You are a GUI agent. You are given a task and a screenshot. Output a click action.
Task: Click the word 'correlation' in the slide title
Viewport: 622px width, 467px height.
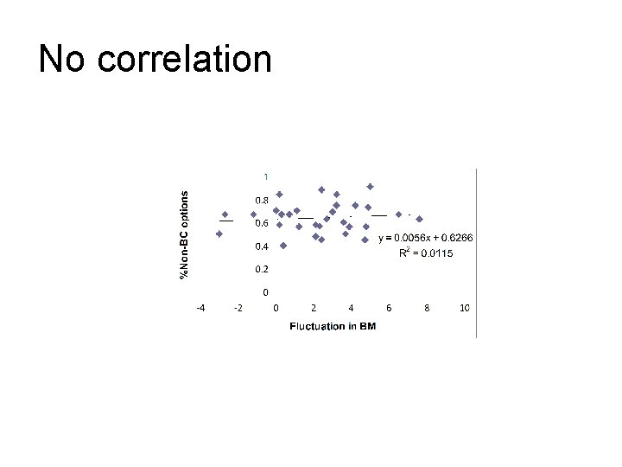click(x=185, y=60)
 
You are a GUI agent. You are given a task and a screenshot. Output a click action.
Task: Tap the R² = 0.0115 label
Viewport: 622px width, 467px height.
click(x=425, y=253)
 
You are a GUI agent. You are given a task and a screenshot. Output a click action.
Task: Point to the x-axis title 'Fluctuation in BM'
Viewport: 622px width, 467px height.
click(x=333, y=326)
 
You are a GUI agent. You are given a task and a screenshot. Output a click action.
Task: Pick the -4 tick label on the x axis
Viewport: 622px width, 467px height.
click(x=200, y=308)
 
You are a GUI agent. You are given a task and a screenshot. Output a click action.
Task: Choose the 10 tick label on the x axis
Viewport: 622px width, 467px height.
click(x=465, y=308)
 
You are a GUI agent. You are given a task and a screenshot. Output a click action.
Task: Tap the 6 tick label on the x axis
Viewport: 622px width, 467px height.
click(x=389, y=308)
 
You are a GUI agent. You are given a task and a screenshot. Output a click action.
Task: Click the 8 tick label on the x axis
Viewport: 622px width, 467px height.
click(x=427, y=308)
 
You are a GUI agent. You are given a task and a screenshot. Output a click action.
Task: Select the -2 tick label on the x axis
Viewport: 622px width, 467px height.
click(x=238, y=308)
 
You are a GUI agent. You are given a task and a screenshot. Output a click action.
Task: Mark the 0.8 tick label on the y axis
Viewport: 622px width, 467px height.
click(x=260, y=200)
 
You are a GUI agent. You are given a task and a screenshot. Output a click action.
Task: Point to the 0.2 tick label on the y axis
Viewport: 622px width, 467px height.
click(x=260, y=269)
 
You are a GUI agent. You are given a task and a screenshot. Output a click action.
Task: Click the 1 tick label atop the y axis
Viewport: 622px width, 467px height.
click(x=266, y=176)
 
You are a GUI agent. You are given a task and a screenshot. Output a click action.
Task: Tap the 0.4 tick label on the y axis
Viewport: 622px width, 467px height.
click(x=260, y=246)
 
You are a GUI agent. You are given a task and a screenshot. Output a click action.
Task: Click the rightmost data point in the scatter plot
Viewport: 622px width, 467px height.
click(x=419, y=218)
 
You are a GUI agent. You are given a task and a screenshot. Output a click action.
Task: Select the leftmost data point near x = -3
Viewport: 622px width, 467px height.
click(x=219, y=233)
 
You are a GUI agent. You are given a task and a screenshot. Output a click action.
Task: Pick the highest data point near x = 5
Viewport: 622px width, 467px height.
click(x=370, y=187)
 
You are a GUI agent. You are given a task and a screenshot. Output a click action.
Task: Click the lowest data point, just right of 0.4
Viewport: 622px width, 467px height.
click(x=283, y=246)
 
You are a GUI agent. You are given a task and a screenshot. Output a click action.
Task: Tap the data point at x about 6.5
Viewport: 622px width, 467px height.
click(x=398, y=214)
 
